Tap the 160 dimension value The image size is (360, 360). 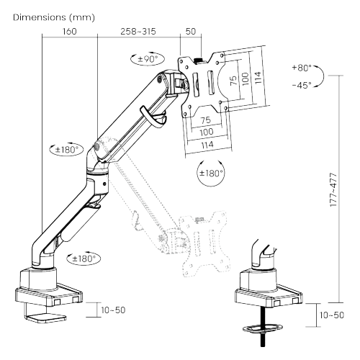coord(69,32)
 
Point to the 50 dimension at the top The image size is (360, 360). coord(191,32)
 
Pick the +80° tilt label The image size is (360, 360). coord(303,68)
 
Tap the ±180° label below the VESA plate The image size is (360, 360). coord(211,173)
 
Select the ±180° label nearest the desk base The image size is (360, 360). coord(84,257)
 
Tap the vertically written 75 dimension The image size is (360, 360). coord(233,79)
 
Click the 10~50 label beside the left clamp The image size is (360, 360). coord(112,310)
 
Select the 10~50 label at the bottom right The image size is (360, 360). coord(332,315)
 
